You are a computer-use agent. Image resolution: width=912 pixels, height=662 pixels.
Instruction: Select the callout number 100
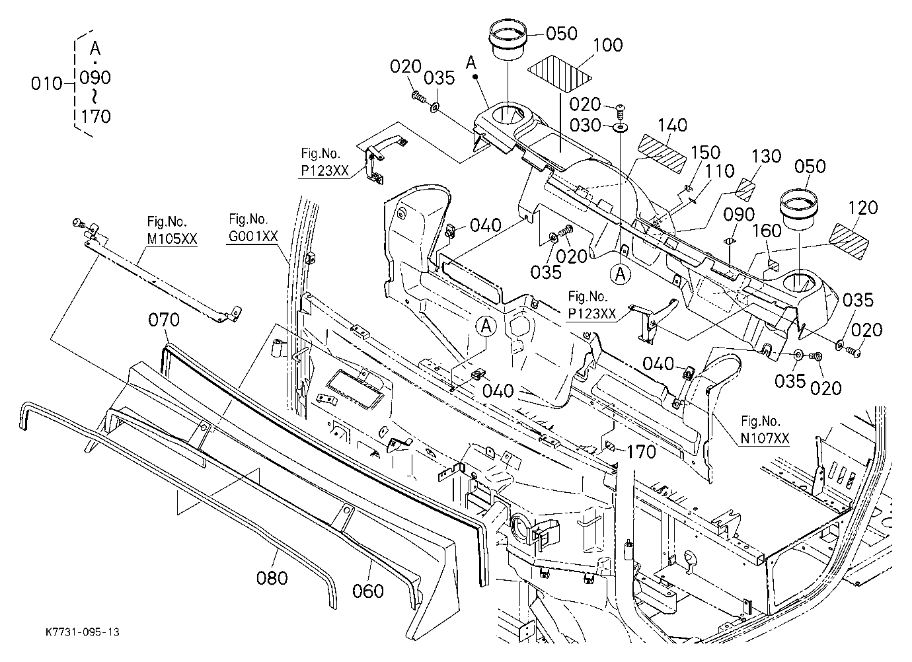607,45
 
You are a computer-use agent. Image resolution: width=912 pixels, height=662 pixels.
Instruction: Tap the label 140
672,125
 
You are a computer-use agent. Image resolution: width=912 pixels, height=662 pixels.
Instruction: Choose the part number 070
164,320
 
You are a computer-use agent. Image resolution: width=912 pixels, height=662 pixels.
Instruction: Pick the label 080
272,577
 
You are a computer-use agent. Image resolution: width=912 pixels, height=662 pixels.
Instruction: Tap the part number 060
367,591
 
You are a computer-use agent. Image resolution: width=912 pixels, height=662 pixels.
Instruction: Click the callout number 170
641,451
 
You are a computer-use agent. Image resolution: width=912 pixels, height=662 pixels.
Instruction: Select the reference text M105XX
172,239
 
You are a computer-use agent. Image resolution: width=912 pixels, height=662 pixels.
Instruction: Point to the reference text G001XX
253,236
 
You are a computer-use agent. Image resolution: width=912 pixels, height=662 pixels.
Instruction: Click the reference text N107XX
765,438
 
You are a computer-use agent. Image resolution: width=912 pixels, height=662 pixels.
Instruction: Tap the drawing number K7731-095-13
83,632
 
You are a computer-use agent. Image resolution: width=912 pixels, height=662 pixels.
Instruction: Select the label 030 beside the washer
585,126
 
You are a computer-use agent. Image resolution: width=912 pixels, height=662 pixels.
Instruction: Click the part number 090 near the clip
739,215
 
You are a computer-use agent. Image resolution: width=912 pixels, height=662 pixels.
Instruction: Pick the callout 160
767,231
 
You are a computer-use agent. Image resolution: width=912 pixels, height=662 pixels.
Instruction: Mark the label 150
706,153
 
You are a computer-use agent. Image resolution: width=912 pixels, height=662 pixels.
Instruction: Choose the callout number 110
720,171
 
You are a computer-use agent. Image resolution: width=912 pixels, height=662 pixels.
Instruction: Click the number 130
766,157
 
